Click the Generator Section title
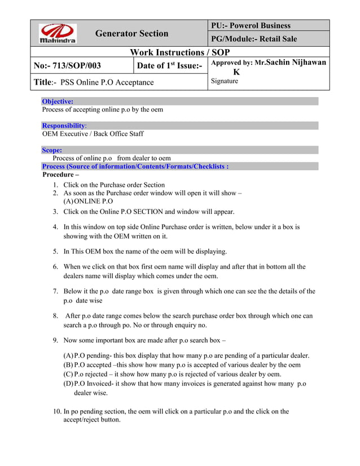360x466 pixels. (131, 34)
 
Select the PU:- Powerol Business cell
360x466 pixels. (251, 25)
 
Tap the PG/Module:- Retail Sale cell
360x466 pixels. (254, 39)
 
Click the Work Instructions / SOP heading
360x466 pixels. (180, 52)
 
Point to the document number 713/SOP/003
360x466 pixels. (67, 66)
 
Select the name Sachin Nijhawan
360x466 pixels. (293, 63)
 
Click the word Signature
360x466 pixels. (224, 81)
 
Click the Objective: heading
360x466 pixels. (58, 102)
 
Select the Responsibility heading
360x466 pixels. (64, 126)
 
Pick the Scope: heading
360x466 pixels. (52, 151)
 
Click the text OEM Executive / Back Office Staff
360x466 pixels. (93, 134)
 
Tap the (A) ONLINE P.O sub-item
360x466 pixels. (89, 201)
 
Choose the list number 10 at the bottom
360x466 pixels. (55, 412)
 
